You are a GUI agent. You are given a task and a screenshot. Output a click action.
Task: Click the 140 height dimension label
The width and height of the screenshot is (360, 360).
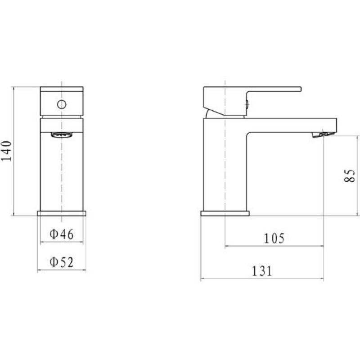click(6, 151)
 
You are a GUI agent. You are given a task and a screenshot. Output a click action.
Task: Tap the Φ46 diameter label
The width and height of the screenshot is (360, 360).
click(62, 234)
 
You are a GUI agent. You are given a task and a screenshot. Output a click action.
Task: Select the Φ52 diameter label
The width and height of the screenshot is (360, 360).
click(62, 262)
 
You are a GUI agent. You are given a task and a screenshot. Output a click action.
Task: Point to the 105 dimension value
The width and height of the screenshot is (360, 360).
click(274, 238)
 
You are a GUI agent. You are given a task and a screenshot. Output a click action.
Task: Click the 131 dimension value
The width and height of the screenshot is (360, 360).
click(262, 271)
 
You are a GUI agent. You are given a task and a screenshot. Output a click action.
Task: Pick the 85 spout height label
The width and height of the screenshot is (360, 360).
click(350, 176)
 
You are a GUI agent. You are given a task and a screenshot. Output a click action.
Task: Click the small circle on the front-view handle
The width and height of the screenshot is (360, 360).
click(62, 105)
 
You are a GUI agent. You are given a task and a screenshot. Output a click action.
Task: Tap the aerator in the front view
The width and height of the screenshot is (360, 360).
click(62, 135)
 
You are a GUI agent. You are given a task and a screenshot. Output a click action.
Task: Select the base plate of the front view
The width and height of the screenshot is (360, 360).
click(62, 213)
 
